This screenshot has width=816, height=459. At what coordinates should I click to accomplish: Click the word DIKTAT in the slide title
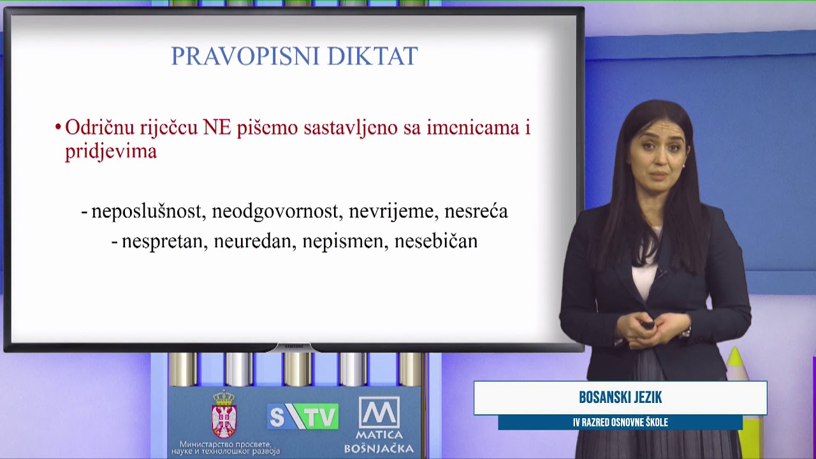click(372, 56)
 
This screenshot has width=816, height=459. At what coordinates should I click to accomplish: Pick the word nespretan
click(164, 242)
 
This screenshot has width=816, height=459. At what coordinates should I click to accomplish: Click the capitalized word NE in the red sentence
click(217, 127)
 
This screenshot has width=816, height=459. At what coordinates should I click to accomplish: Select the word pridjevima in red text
click(110, 152)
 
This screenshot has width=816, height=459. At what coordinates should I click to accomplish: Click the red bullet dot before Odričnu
click(58, 127)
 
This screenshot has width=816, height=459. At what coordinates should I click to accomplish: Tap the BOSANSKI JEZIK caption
click(620, 398)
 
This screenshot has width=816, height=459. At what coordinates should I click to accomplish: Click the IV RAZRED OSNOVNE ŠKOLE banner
click(620, 423)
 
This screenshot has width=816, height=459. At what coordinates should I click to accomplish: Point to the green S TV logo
click(303, 417)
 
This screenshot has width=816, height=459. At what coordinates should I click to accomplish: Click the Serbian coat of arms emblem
click(224, 414)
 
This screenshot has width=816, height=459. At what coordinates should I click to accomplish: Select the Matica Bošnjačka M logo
click(379, 413)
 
